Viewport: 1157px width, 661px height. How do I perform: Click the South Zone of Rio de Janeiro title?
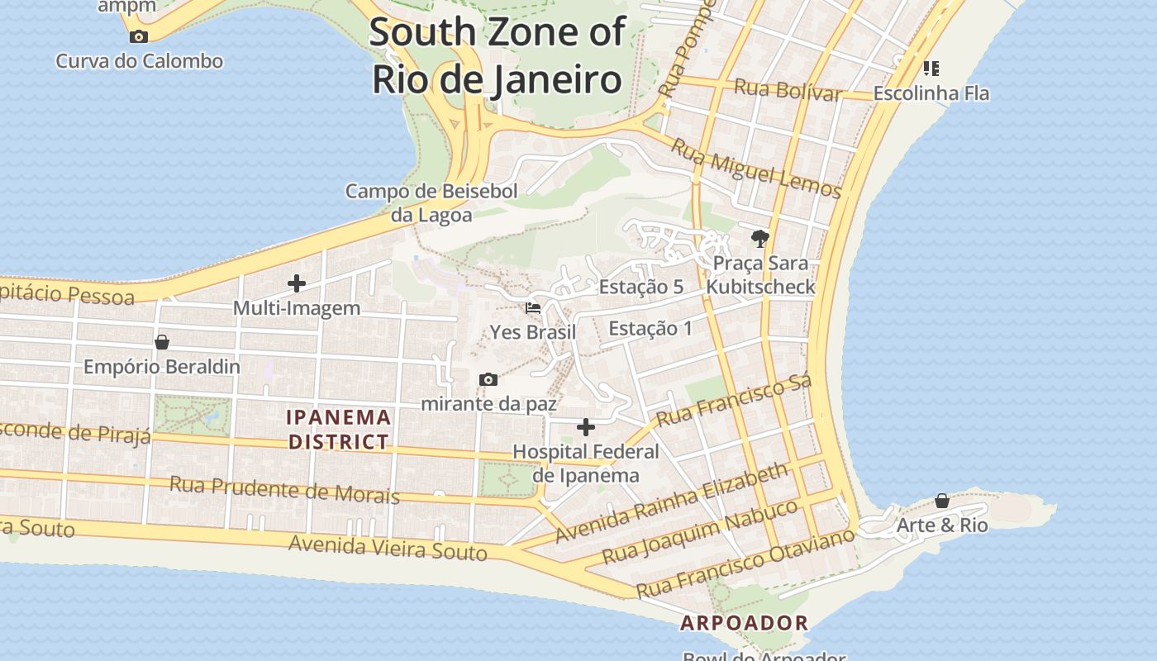pos(497,56)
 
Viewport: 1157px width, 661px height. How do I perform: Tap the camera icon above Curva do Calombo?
pos(139,36)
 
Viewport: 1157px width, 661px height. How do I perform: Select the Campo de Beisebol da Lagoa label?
pos(431,203)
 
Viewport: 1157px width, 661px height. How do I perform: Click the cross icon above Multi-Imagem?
pos(297,283)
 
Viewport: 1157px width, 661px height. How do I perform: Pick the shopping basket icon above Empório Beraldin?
pos(162,342)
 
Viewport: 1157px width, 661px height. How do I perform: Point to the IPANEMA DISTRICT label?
pos(339,429)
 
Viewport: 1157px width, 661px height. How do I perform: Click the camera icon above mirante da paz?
pos(488,380)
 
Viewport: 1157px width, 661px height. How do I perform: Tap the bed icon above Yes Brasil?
pos(533,308)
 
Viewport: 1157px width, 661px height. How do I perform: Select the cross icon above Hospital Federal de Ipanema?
pos(586,427)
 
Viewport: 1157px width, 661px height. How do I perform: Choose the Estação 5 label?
pos(641,287)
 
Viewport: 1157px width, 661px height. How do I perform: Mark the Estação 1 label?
pos(650,328)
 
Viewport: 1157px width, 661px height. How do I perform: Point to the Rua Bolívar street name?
pos(788,89)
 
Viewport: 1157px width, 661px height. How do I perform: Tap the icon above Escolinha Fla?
pos(931,68)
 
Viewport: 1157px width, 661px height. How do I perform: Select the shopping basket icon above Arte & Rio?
pos(942,501)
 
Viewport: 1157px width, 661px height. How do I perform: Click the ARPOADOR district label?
pos(744,623)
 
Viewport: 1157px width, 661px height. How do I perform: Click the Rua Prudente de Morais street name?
pos(284,489)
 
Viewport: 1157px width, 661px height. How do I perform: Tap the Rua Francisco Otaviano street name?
pos(745,563)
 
